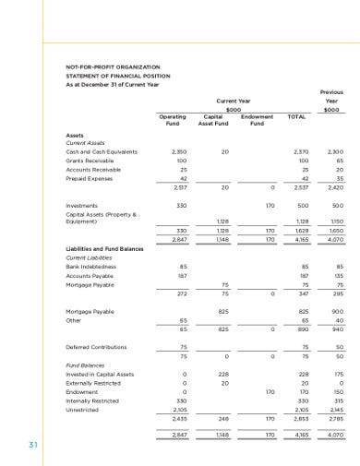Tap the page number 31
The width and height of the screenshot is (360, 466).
coord(33,447)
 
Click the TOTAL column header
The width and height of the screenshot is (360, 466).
coord(296,117)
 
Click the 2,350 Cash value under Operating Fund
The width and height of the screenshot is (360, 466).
coord(180,151)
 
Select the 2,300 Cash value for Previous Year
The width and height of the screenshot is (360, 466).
coord(333,151)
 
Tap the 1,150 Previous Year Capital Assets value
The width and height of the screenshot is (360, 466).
coord(334,221)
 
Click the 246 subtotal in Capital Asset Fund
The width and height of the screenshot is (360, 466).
coord(222,418)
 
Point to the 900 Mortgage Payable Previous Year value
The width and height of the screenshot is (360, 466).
coord(335,311)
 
